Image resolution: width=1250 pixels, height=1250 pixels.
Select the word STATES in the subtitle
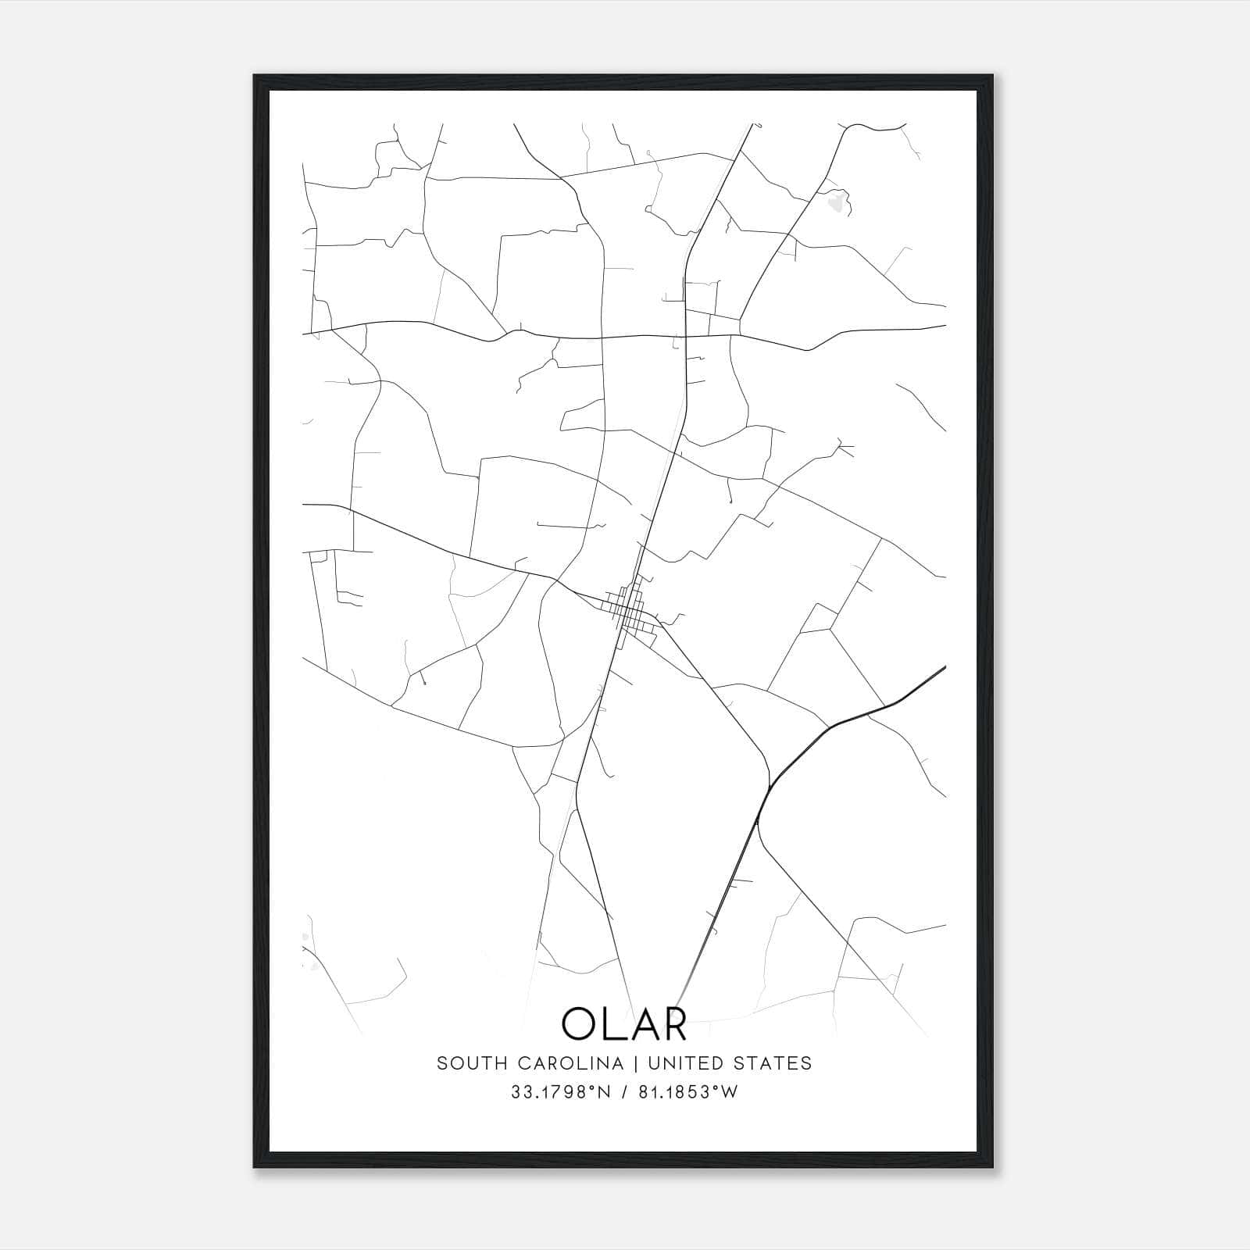point(773,1063)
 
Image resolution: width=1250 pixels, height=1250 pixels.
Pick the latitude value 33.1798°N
point(560,1092)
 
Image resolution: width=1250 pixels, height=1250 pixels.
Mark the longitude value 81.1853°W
point(687,1092)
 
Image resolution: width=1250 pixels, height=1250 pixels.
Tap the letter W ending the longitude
point(730,1092)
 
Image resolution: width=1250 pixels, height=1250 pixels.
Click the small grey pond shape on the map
point(837,204)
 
